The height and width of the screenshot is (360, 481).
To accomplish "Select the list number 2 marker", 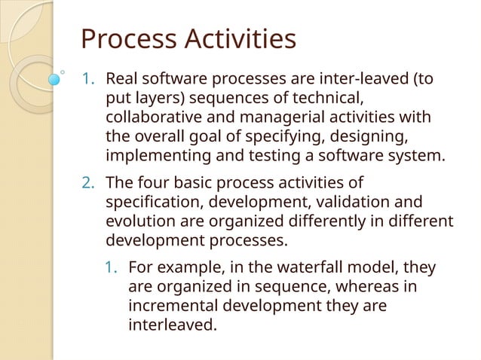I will [x=87, y=184].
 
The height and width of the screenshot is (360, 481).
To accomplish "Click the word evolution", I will [x=136, y=223].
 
